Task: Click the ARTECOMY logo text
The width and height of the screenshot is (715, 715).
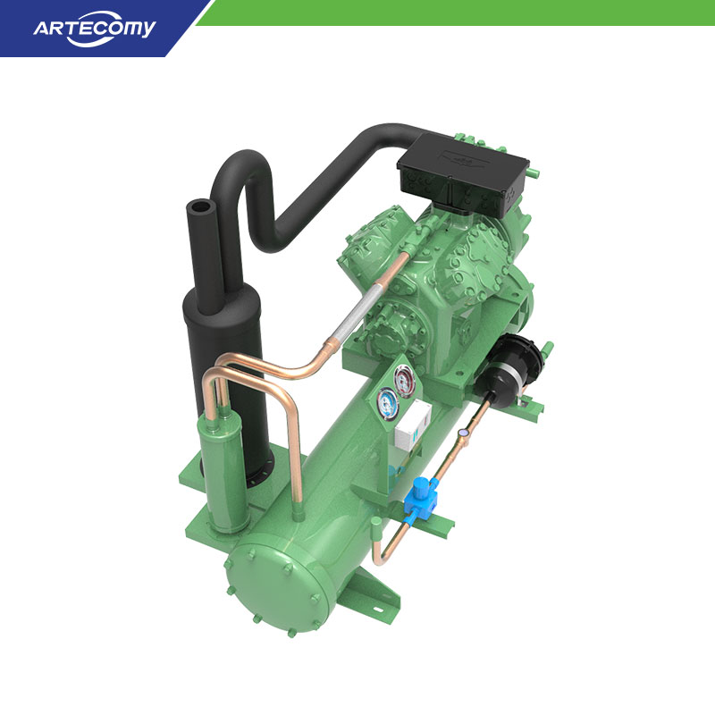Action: pos(95,29)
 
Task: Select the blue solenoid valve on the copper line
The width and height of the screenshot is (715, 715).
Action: pos(420,498)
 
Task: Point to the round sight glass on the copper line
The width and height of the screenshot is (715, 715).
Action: pos(464,432)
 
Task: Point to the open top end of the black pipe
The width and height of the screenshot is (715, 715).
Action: pos(199,207)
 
